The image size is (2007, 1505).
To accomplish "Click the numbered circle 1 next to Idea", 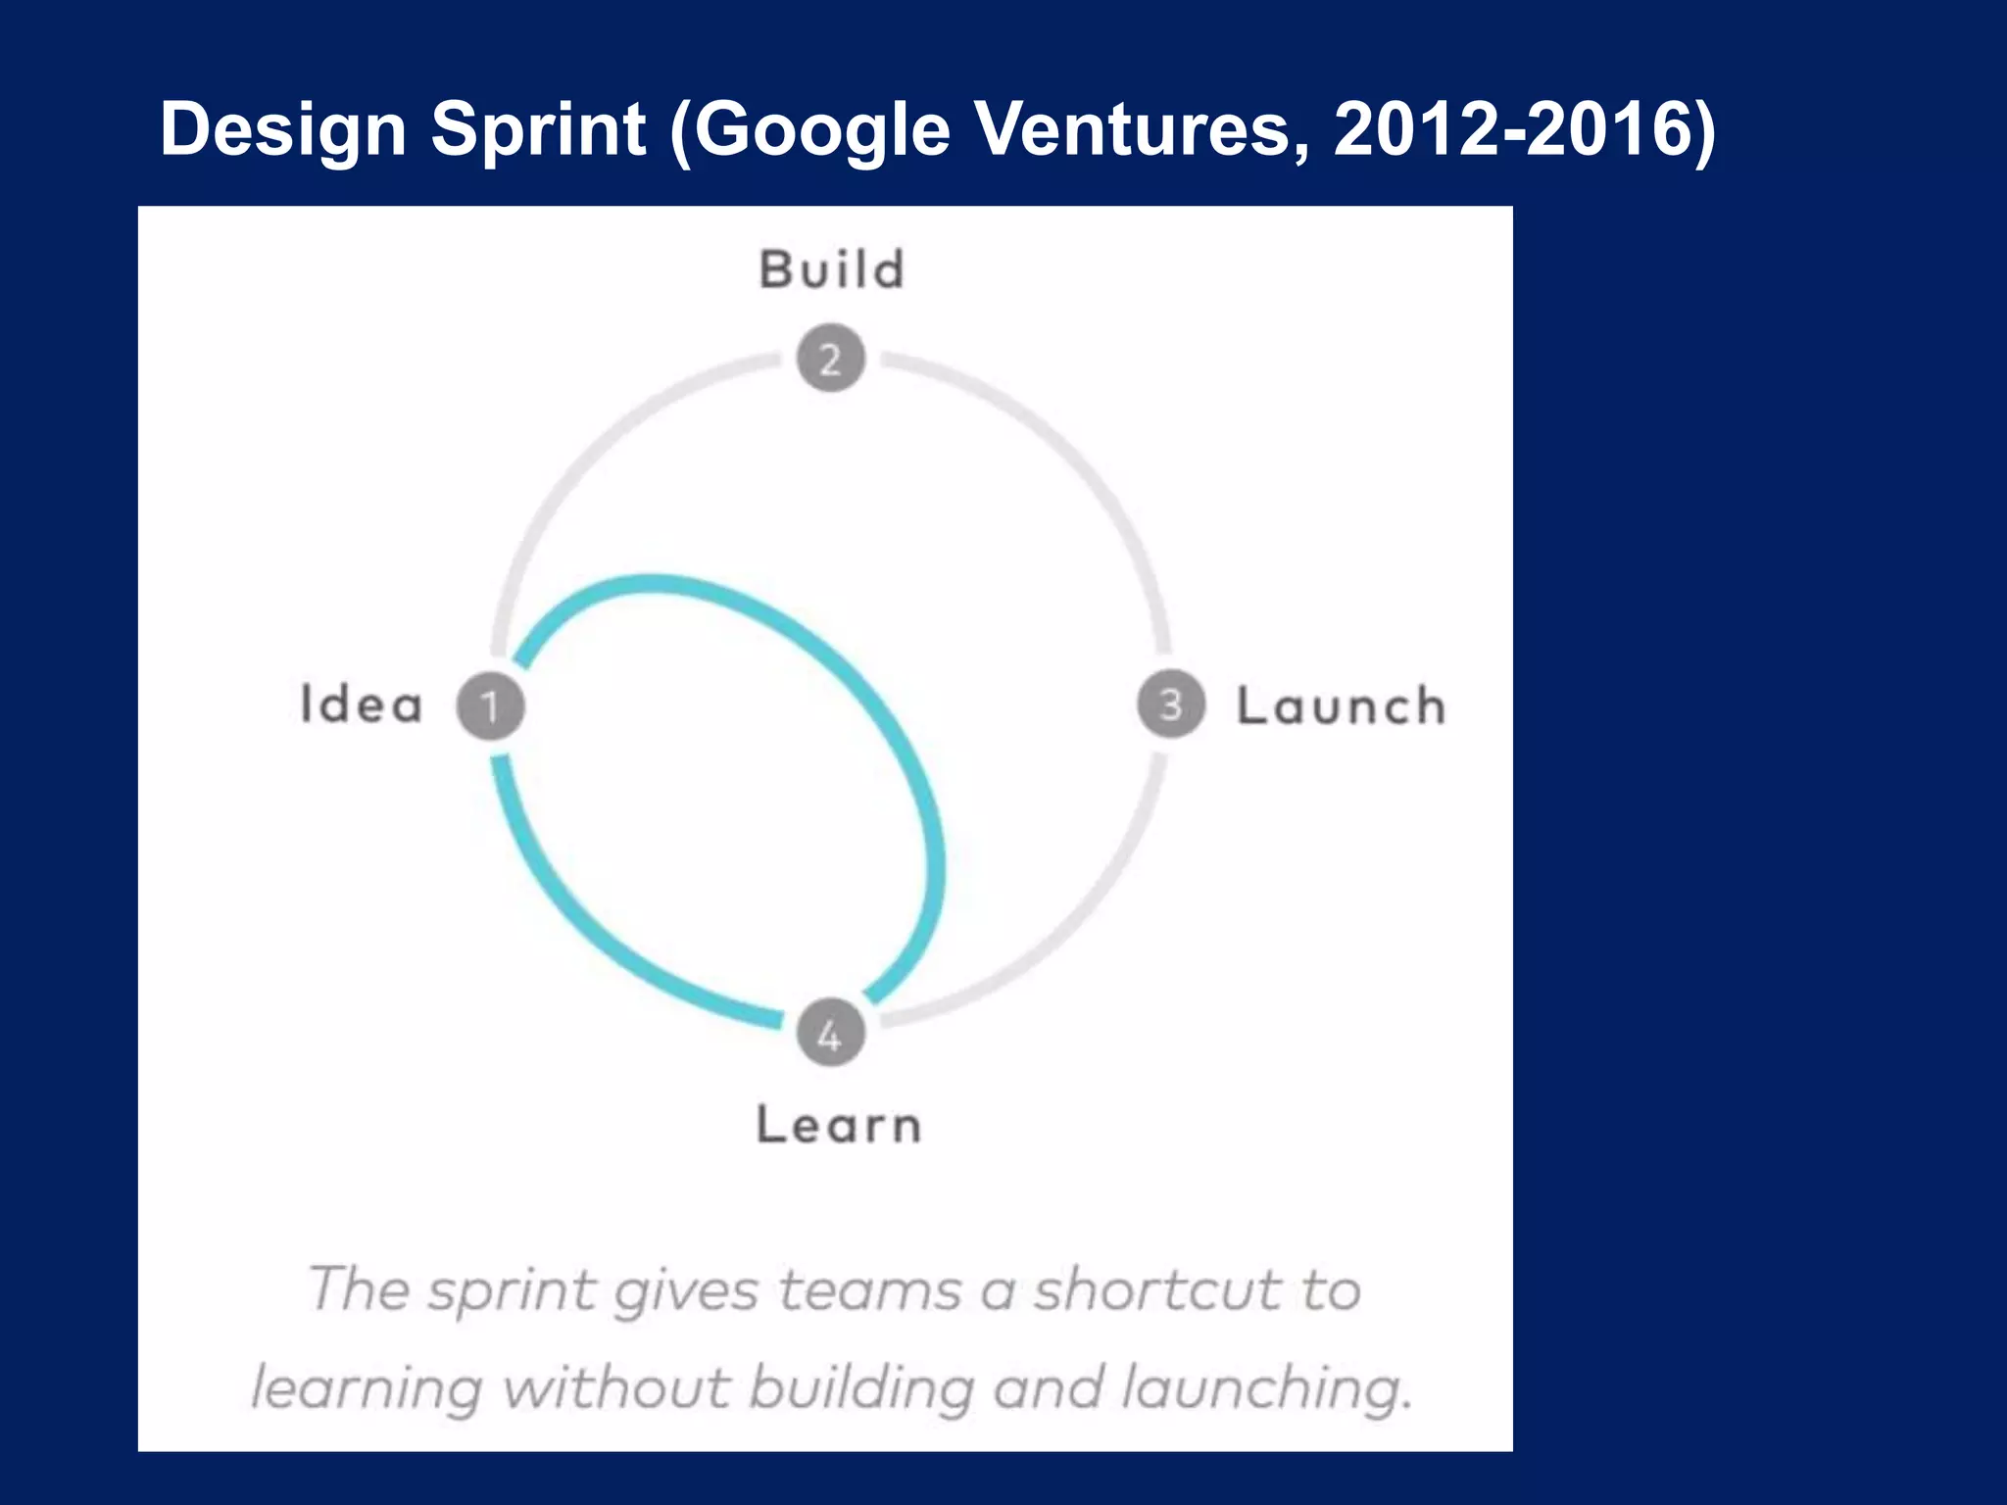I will click(x=490, y=705).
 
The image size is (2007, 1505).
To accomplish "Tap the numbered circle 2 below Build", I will click(x=830, y=359).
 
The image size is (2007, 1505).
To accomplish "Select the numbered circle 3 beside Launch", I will click(x=1170, y=704).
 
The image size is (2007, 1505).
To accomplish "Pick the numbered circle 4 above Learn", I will click(x=830, y=1035).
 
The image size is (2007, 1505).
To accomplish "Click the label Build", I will click(x=832, y=269).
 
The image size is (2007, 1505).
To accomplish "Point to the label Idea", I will click(x=361, y=704).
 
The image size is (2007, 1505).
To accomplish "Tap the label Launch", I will click(x=1341, y=706).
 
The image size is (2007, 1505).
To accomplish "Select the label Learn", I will click(x=839, y=1125).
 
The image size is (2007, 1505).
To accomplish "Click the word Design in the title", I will click(x=283, y=130).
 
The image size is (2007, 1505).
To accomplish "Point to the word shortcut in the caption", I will click(x=1157, y=1289).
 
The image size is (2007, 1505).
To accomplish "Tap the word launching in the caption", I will click(x=1265, y=1389).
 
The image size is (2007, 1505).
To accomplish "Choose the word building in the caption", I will click(x=862, y=1389).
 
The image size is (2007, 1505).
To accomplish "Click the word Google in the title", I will click(x=822, y=130).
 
